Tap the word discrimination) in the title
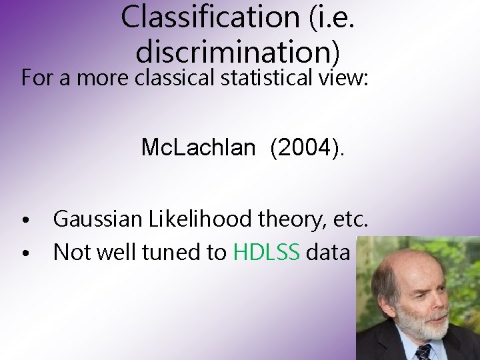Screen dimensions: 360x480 238,51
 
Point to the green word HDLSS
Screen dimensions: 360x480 267,252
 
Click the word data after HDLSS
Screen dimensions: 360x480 328,252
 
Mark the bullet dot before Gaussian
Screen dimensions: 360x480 24,221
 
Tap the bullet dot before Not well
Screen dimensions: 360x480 24,254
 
